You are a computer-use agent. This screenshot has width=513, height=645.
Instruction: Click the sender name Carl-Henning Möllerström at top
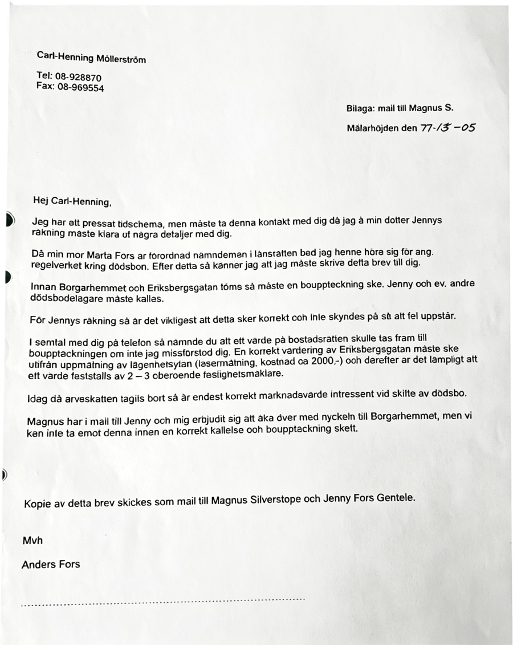[91, 56]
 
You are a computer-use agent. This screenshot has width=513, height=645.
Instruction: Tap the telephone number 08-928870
[78, 77]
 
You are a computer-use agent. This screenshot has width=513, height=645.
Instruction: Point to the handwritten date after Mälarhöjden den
[447, 128]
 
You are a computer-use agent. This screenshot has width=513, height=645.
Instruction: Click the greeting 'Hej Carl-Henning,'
[72, 201]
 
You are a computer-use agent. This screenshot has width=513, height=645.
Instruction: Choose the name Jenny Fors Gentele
[368, 497]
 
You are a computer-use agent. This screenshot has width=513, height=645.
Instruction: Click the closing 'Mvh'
[32, 540]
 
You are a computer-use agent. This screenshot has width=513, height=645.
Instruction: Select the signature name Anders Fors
[51, 565]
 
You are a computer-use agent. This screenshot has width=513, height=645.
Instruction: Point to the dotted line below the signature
[162, 601]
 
